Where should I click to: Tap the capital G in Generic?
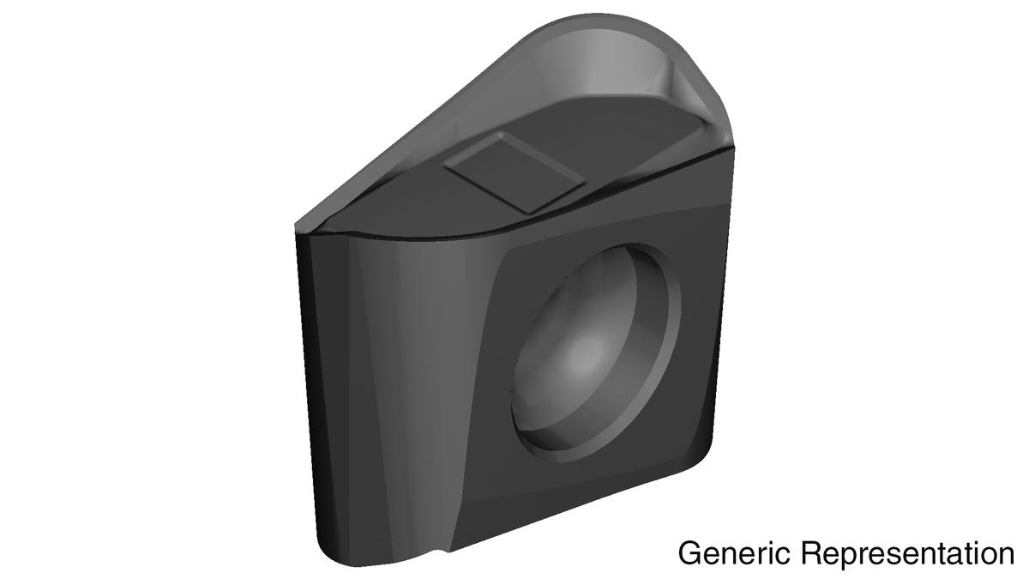pos(690,553)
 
